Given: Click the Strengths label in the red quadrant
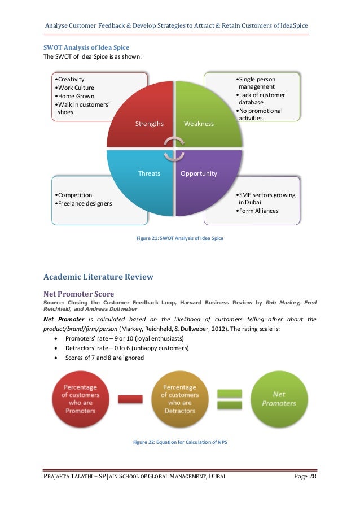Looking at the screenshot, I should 150,123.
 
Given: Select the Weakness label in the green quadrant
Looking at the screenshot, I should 199,123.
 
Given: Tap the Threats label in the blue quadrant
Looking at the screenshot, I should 150,173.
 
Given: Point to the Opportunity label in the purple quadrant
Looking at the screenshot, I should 199,173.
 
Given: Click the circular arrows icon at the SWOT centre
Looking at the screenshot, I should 174,148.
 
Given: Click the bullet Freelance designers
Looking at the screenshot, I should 84,203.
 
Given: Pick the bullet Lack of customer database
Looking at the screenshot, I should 261,99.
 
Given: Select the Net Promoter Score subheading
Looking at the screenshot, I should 78,294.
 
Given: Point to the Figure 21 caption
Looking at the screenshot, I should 180,238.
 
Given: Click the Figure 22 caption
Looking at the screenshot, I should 179,442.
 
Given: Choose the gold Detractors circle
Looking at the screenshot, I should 179,399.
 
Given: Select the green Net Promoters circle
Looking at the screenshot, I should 279,399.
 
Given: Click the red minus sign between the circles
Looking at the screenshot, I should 130,399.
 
